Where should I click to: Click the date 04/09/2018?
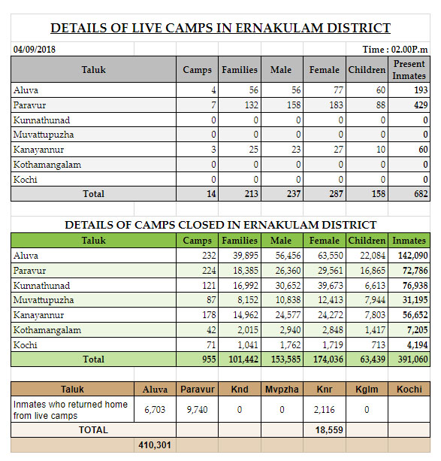tap(35, 49)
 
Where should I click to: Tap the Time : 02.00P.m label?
tap(395, 49)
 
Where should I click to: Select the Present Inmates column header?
tap(409, 70)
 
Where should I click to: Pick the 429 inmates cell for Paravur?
tap(421, 105)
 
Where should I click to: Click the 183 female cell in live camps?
tap(336, 105)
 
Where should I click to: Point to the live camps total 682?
tap(421, 194)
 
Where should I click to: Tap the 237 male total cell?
tap(294, 194)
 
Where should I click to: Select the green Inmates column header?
tap(409, 241)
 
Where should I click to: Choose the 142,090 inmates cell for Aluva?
tap(412, 256)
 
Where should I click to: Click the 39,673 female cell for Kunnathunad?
tap(331, 286)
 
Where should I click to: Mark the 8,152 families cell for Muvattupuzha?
tap(248, 300)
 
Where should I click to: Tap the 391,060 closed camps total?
tap(412, 359)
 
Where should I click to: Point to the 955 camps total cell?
tap(209, 359)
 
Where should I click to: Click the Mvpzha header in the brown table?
tap(282, 390)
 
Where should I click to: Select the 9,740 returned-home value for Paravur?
tap(197, 410)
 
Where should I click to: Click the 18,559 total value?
tap(329, 430)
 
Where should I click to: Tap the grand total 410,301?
tap(155, 445)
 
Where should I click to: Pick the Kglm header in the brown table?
tap(367, 390)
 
